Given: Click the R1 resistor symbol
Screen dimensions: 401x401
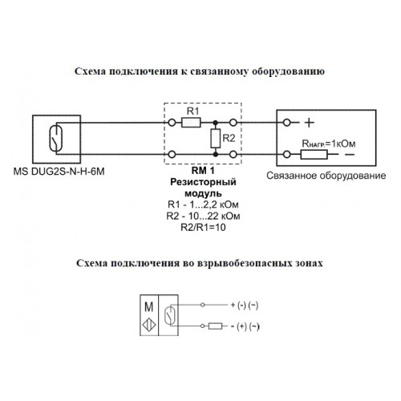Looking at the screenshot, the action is pyautogui.click(x=191, y=123).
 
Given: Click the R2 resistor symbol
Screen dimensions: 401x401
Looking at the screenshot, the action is pyautogui.click(x=215, y=138).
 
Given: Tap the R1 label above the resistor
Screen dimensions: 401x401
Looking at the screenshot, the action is pyautogui.click(x=192, y=111).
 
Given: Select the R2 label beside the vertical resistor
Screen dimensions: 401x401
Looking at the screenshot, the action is pyautogui.click(x=229, y=138).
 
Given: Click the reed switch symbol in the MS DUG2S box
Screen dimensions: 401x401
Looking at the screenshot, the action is pyautogui.click(x=56, y=138).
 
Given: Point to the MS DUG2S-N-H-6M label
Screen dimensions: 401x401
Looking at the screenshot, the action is pyautogui.click(x=59, y=172).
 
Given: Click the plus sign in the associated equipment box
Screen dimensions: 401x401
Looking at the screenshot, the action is pyautogui.click(x=310, y=123).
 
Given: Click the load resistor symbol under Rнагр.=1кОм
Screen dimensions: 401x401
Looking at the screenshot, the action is pyautogui.click(x=314, y=155).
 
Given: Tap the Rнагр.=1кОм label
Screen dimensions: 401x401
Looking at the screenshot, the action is pyautogui.click(x=329, y=144).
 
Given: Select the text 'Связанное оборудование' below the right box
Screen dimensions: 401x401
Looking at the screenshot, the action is pyautogui.click(x=326, y=176).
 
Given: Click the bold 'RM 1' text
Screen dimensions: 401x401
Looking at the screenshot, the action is pyautogui.click(x=203, y=170).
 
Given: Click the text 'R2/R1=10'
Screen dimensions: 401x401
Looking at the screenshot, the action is pyautogui.click(x=203, y=227).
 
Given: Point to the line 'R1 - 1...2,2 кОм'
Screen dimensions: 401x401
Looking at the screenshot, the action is pyautogui.click(x=203, y=205).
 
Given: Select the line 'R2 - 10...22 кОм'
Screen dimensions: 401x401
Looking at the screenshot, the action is pyautogui.click(x=203, y=216).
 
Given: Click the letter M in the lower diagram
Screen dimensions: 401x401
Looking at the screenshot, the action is pyautogui.click(x=149, y=306).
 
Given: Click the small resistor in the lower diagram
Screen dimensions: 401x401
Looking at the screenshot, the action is pyautogui.click(x=216, y=326).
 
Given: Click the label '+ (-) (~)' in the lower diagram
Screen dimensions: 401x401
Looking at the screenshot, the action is pyautogui.click(x=245, y=305).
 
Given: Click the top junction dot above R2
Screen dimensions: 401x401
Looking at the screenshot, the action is pyautogui.click(x=215, y=123).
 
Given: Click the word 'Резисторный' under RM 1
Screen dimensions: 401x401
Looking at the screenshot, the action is pyautogui.click(x=203, y=182).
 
